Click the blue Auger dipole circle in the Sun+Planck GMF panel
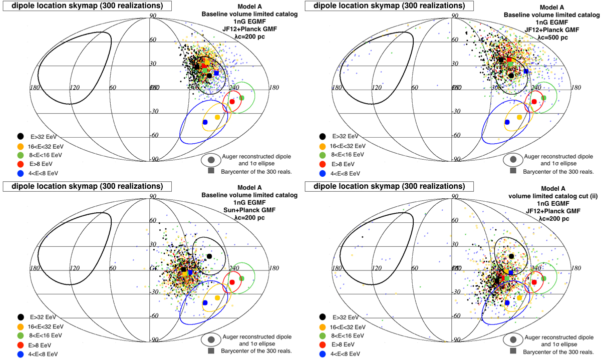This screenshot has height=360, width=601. (x=205, y=303)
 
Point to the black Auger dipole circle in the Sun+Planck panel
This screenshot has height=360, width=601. (x=209, y=256)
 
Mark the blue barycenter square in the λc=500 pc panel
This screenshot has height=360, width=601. (x=526, y=71)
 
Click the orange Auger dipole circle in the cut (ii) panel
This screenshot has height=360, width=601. (x=519, y=297)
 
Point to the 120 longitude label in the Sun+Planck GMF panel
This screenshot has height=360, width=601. (x=74, y=268)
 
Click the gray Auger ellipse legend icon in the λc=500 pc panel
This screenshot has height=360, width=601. (x=511, y=159)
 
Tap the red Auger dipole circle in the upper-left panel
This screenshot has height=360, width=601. (x=232, y=102)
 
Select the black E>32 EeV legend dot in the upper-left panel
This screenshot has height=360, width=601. (x=20, y=136)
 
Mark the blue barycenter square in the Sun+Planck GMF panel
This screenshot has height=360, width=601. (x=190, y=272)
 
